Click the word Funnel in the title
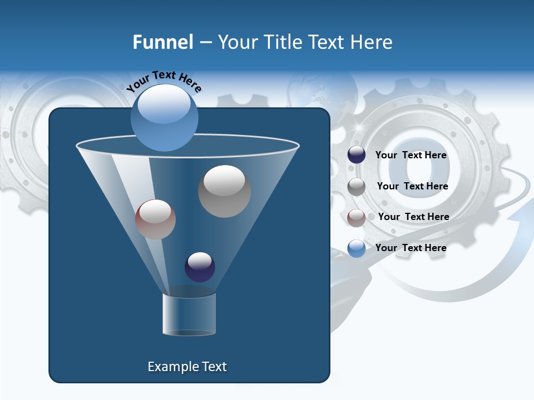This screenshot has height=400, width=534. [162, 42]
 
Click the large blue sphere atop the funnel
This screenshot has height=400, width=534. [164, 117]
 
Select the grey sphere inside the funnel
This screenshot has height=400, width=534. [224, 191]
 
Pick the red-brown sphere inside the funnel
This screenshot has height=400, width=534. [155, 219]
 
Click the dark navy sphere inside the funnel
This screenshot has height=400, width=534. [200, 267]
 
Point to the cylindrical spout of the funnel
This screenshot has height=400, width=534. [189, 314]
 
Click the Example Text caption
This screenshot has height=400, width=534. [187, 367]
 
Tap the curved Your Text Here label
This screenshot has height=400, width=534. [164, 82]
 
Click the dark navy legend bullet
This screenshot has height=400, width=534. [357, 155]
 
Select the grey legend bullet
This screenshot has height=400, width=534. [357, 186]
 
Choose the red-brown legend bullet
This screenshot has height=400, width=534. [357, 217]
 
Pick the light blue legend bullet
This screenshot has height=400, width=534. [357, 248]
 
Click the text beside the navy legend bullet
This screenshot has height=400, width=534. [411, 155]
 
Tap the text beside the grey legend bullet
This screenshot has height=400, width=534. [412, 186]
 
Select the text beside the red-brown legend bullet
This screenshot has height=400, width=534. [413, 217]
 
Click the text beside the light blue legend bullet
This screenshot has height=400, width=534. [411, 248]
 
